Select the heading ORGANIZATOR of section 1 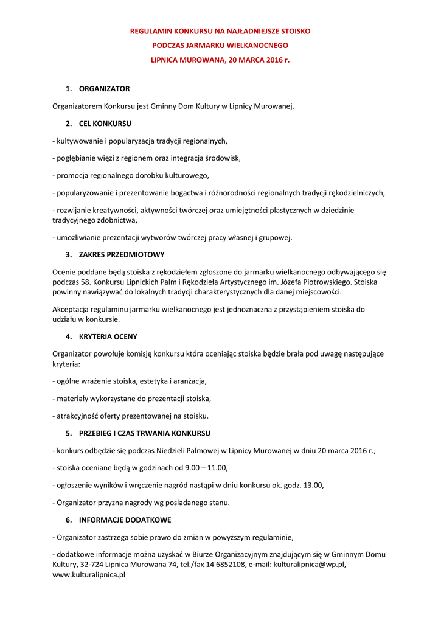tap(104, 89)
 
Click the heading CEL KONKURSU tap(105, 124)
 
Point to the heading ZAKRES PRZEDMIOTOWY tap(122, 254)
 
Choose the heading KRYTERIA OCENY tap(108, 336)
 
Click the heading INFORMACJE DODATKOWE tap(125, 520)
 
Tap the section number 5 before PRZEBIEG tap(69, 433)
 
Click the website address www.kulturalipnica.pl tap(89, 574)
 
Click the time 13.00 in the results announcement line tap(313, 486)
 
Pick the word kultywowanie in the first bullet tap(79, 141)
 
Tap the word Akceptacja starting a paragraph tap(72, 309)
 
